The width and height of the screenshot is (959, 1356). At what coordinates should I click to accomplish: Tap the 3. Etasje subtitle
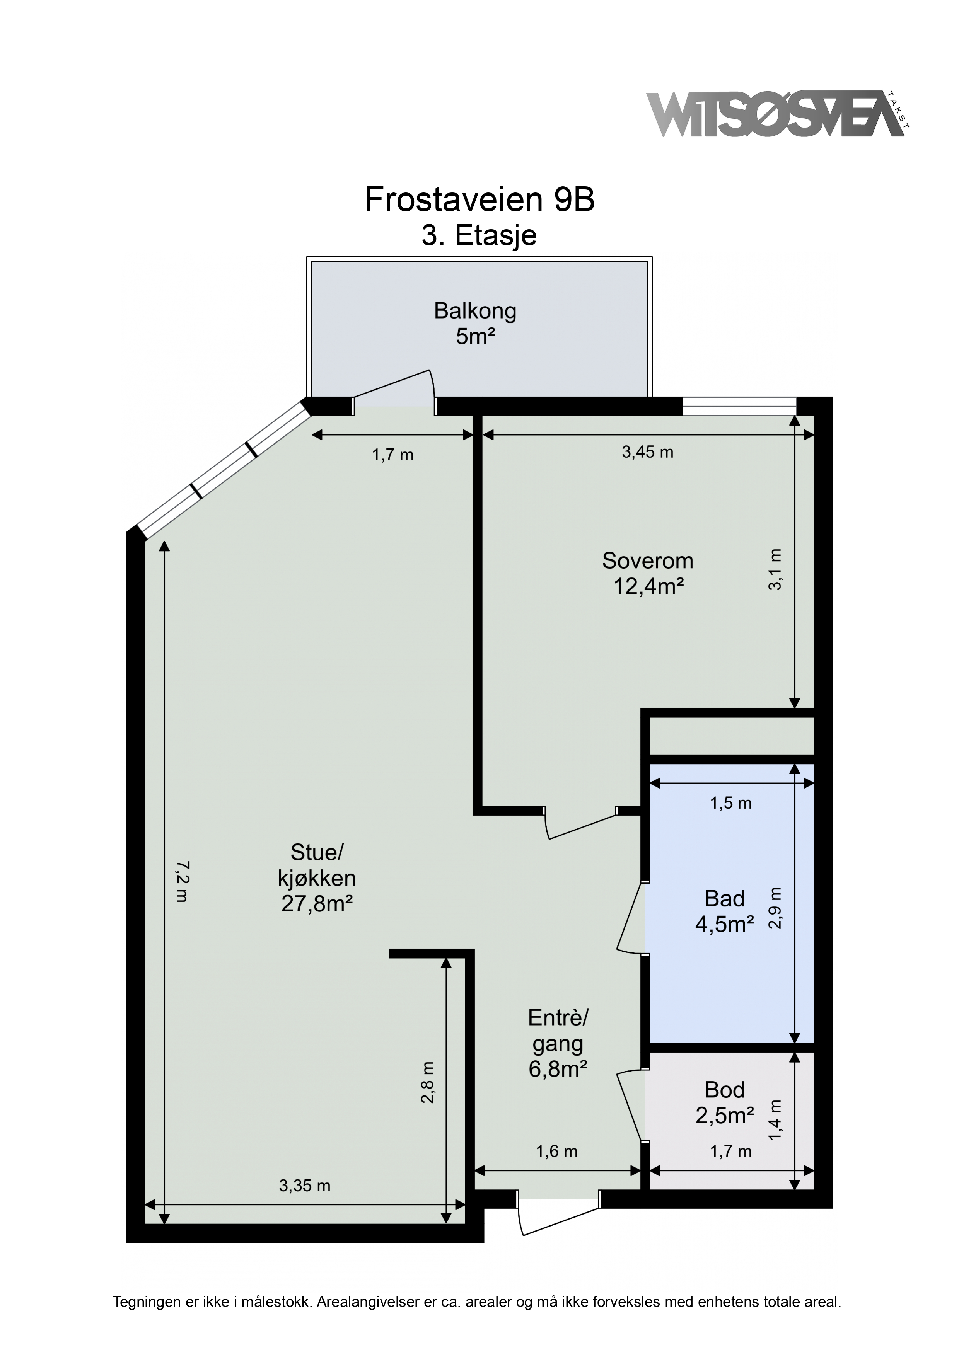click(479, 235)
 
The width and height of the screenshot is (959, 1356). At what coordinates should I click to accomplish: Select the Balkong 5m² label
click(475, 323)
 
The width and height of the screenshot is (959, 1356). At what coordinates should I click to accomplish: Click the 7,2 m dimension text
click(183, 881)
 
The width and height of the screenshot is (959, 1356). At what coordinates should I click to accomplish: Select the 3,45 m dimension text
click(648, 452)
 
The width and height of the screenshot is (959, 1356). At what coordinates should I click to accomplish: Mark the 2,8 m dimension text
click(427, 1083)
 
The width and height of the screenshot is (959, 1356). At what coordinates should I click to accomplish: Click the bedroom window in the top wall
click(739, 406)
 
